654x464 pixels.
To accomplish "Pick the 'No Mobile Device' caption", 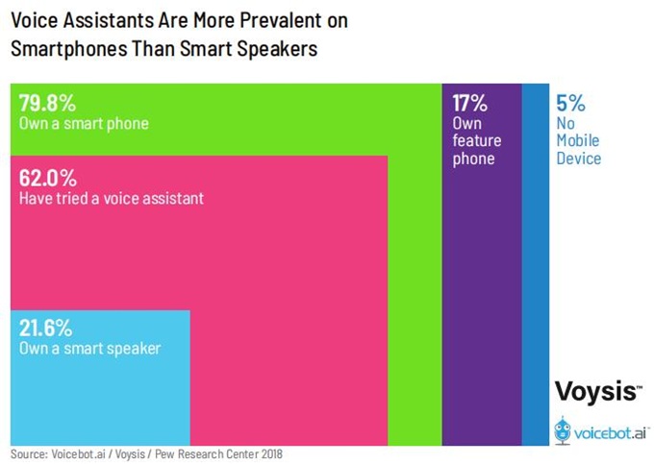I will (x=578, y=140).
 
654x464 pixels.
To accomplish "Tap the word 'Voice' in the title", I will (x=35, y=20).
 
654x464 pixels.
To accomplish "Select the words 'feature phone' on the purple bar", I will (x=477, y=149).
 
